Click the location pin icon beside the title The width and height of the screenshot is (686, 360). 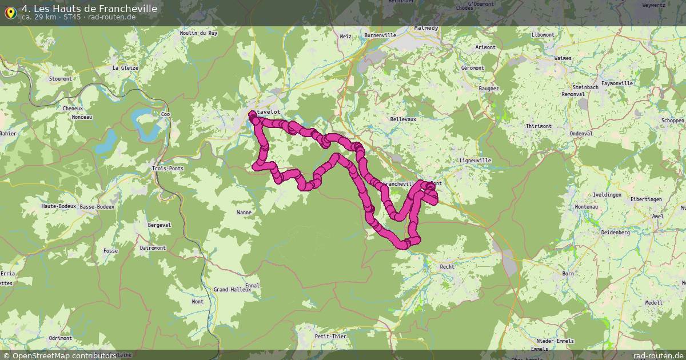tap(10, 11)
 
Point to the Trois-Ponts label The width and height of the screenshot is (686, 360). tap(167, 169)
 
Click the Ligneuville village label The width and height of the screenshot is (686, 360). tap(475, 161)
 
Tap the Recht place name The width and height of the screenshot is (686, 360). tap(447, 267)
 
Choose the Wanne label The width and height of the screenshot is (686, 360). tap(244, 213)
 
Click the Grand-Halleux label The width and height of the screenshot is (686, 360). tap(232, 290)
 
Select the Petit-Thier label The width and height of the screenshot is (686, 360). tap(330, 337)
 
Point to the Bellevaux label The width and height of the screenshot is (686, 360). tap(403, 119)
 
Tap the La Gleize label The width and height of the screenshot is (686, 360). tap(125, 67)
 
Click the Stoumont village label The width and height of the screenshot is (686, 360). tap(61, 79)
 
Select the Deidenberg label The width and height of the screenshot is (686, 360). tap(615, 233)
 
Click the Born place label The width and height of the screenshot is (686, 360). tap(568, 274)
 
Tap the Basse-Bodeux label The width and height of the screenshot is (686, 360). tap(97, 206)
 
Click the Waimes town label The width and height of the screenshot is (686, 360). tap(563, 58)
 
